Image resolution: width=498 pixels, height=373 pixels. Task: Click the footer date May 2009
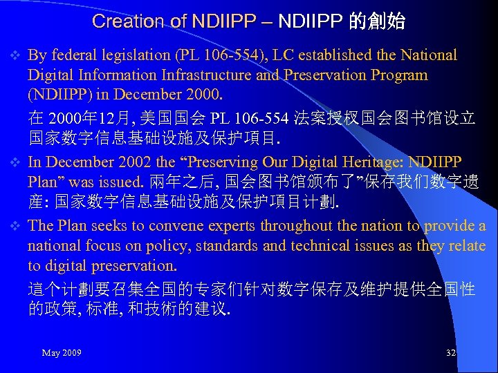[x=62, y=353]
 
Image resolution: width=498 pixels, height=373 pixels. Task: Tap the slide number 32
[x=451, y=353]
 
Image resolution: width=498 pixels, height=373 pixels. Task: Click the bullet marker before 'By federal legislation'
[x=17, y=55]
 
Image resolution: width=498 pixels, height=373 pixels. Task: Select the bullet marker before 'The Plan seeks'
[x=17, y=226]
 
